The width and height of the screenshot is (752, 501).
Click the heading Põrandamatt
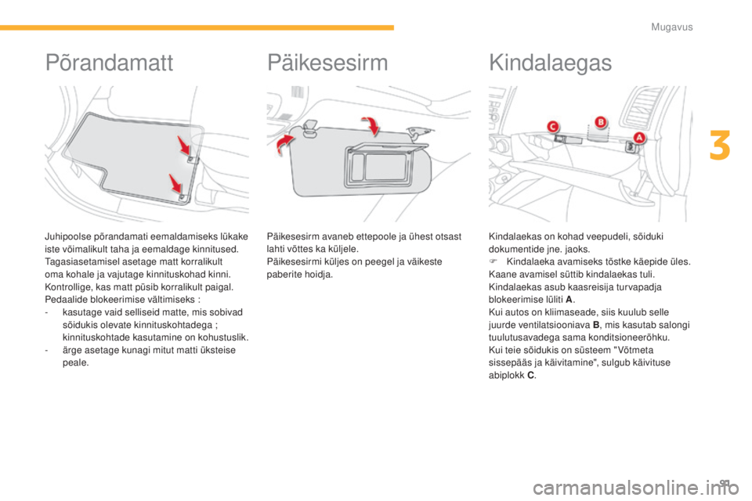coord(109,63)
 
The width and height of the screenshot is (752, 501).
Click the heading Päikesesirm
coord(327,63)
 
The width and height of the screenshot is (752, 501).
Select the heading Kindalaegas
coord(550,63)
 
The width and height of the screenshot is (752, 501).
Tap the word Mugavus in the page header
coord(671,27)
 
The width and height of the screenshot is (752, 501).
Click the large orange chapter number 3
coord(720,146)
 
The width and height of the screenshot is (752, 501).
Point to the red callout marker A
coord(639,138)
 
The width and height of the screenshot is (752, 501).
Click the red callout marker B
coord(600,122)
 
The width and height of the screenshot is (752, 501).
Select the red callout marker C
coord(554,127)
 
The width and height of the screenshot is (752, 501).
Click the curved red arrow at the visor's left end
coord(284,144)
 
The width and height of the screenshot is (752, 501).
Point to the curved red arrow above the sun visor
coord(371,125)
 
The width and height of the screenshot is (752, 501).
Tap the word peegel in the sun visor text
coord(381,261)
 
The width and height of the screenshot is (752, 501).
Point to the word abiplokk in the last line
coord(507,375)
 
